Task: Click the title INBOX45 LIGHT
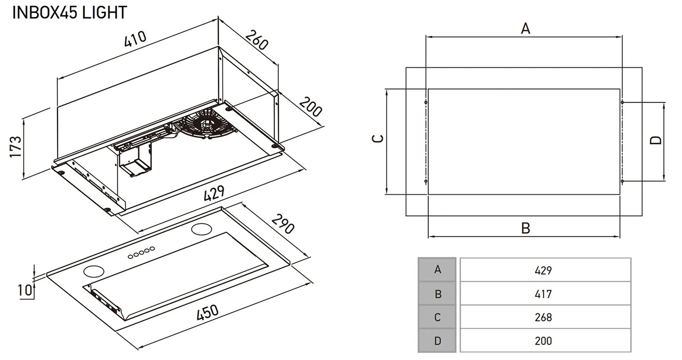pyautogui.click(x=70, y=12)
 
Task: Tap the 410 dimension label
pyautogui.click(x=135, y=39)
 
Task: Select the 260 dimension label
pyautogui.click(x=257, y=40)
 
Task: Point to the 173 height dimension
pyautogui.click(x=15, y=146)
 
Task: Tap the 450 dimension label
pyautogui.click(x=207, y=314)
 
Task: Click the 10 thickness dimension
pyautogui.click(x=25, y=290)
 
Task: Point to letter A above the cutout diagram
pyautogui.click(x=525, y=29)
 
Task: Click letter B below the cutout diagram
pyautogui.click(x=525, y=228)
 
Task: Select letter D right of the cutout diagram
pyautogui.click(x=655, y=140)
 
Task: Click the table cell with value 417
pyautogui.click(x=545, y=294)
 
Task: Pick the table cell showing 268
pyautogui.click(x=545, y=317)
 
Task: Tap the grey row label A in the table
pyautogui.click(x=437, y=270)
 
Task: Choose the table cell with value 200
pyautogui.click(x=545, y=340)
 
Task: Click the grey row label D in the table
pyautogui.click(x=437, y=340)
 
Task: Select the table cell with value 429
pyautogui.click(x=545, y=270)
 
